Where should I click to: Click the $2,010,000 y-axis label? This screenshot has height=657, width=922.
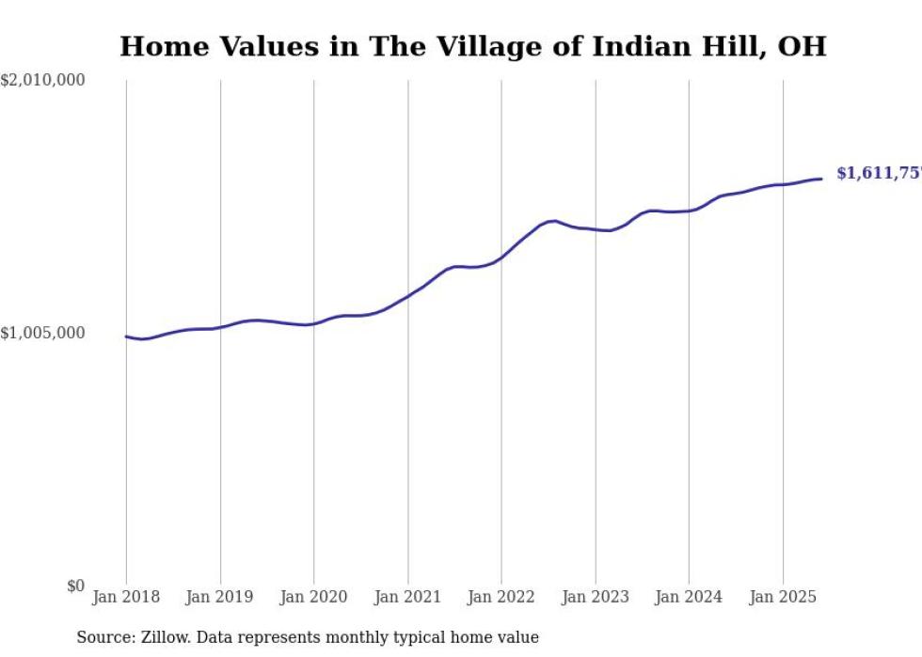42,81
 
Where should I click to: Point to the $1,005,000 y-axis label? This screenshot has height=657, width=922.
42,333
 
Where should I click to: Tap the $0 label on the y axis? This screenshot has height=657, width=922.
75,587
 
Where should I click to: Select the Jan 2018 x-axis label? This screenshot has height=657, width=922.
126,597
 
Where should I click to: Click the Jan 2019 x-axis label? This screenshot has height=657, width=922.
220,597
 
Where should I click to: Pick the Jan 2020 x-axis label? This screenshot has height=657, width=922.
313,597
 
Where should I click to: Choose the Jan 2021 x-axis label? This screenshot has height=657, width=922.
407,597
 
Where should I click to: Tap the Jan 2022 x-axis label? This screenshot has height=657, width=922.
501,597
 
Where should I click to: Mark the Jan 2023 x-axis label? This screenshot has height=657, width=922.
595,597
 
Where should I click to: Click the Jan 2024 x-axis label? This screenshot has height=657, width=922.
689,597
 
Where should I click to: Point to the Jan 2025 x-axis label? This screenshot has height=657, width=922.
783,597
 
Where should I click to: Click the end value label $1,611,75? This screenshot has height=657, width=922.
878,174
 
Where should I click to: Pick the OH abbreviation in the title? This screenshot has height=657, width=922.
804,47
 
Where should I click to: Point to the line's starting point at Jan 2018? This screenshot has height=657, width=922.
126,336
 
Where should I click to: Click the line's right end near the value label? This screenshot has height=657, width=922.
821,179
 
